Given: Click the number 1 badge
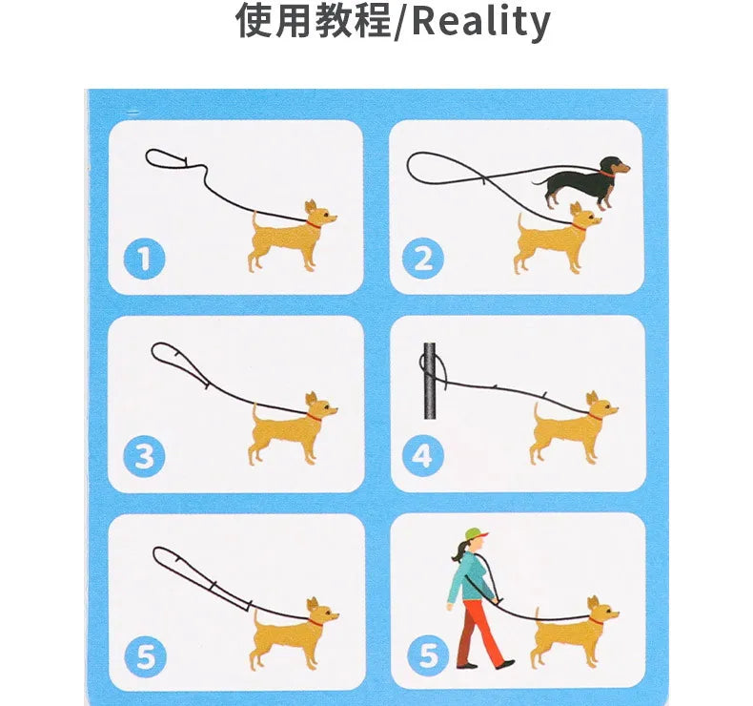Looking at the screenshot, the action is [144, 259].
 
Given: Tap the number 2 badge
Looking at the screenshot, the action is [422, 259].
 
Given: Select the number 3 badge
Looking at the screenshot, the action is [144, 456].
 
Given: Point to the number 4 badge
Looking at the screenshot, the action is [422, 456].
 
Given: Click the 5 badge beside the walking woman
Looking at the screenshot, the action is [427, 655].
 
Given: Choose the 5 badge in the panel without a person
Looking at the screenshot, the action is [146, 656].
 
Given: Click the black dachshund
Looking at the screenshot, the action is [582, 182].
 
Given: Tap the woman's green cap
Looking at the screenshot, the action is [476, 534].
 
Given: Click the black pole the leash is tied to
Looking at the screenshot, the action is [429, 381].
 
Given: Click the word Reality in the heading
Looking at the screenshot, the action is [480, 21].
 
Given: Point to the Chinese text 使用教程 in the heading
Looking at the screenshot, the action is [313, 20].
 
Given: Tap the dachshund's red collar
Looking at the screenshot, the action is [606, 174].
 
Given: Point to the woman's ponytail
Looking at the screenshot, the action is [458, 551].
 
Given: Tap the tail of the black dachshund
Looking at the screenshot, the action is [539, 182].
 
